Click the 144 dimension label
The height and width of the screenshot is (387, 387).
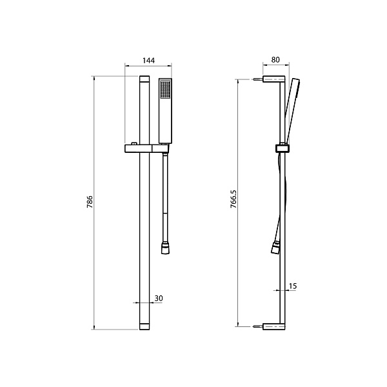[148, 61]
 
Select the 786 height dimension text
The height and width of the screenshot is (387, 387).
[90, 202]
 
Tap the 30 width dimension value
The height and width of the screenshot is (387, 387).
[159, 299]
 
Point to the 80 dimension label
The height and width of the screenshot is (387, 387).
[275, 60]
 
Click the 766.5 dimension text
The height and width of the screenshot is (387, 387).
[233, 199]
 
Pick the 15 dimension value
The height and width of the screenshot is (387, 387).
[293, 286]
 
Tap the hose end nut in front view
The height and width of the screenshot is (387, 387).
[165, 248]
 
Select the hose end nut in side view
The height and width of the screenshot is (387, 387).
[275, 248]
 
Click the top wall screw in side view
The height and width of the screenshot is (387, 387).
[257, 79]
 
